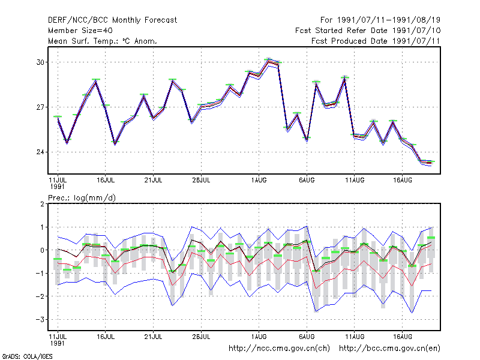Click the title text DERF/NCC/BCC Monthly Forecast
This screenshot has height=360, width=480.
(x=112, y=20)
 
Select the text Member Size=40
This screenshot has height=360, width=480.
(x=80, y=31)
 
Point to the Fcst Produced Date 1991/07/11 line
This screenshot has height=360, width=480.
(x=376, y=41)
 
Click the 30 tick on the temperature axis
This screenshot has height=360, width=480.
(x=40, y=62)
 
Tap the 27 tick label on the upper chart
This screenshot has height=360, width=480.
(x=40, y=107)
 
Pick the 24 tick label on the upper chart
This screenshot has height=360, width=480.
(x=40, y=152)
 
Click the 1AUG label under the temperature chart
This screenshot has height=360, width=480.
(x=259, y=181)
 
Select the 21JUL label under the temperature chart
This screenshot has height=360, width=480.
(x=153, y=181)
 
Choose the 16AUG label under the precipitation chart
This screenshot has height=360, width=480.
(x=402, y=337)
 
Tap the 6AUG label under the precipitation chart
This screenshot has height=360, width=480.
(x=307, y=337)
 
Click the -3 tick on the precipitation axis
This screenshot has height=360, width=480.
(x=40, y=320)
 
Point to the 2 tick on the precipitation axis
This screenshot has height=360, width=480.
(x=42, y=204)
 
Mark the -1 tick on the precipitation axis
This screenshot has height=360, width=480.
(x=40, y=274)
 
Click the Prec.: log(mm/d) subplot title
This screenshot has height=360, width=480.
(x=82, y=198)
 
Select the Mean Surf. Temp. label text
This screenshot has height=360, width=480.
(x=83, y=41)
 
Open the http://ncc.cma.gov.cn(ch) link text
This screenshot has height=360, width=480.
(x=279, y=349)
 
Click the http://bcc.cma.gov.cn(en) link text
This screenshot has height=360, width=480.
(x=389, y=349)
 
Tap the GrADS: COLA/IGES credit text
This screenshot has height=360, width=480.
(x=27, y=356)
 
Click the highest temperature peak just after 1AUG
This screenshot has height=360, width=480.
(x=268, y=61)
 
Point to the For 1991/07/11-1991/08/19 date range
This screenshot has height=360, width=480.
(x=380, y=20)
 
